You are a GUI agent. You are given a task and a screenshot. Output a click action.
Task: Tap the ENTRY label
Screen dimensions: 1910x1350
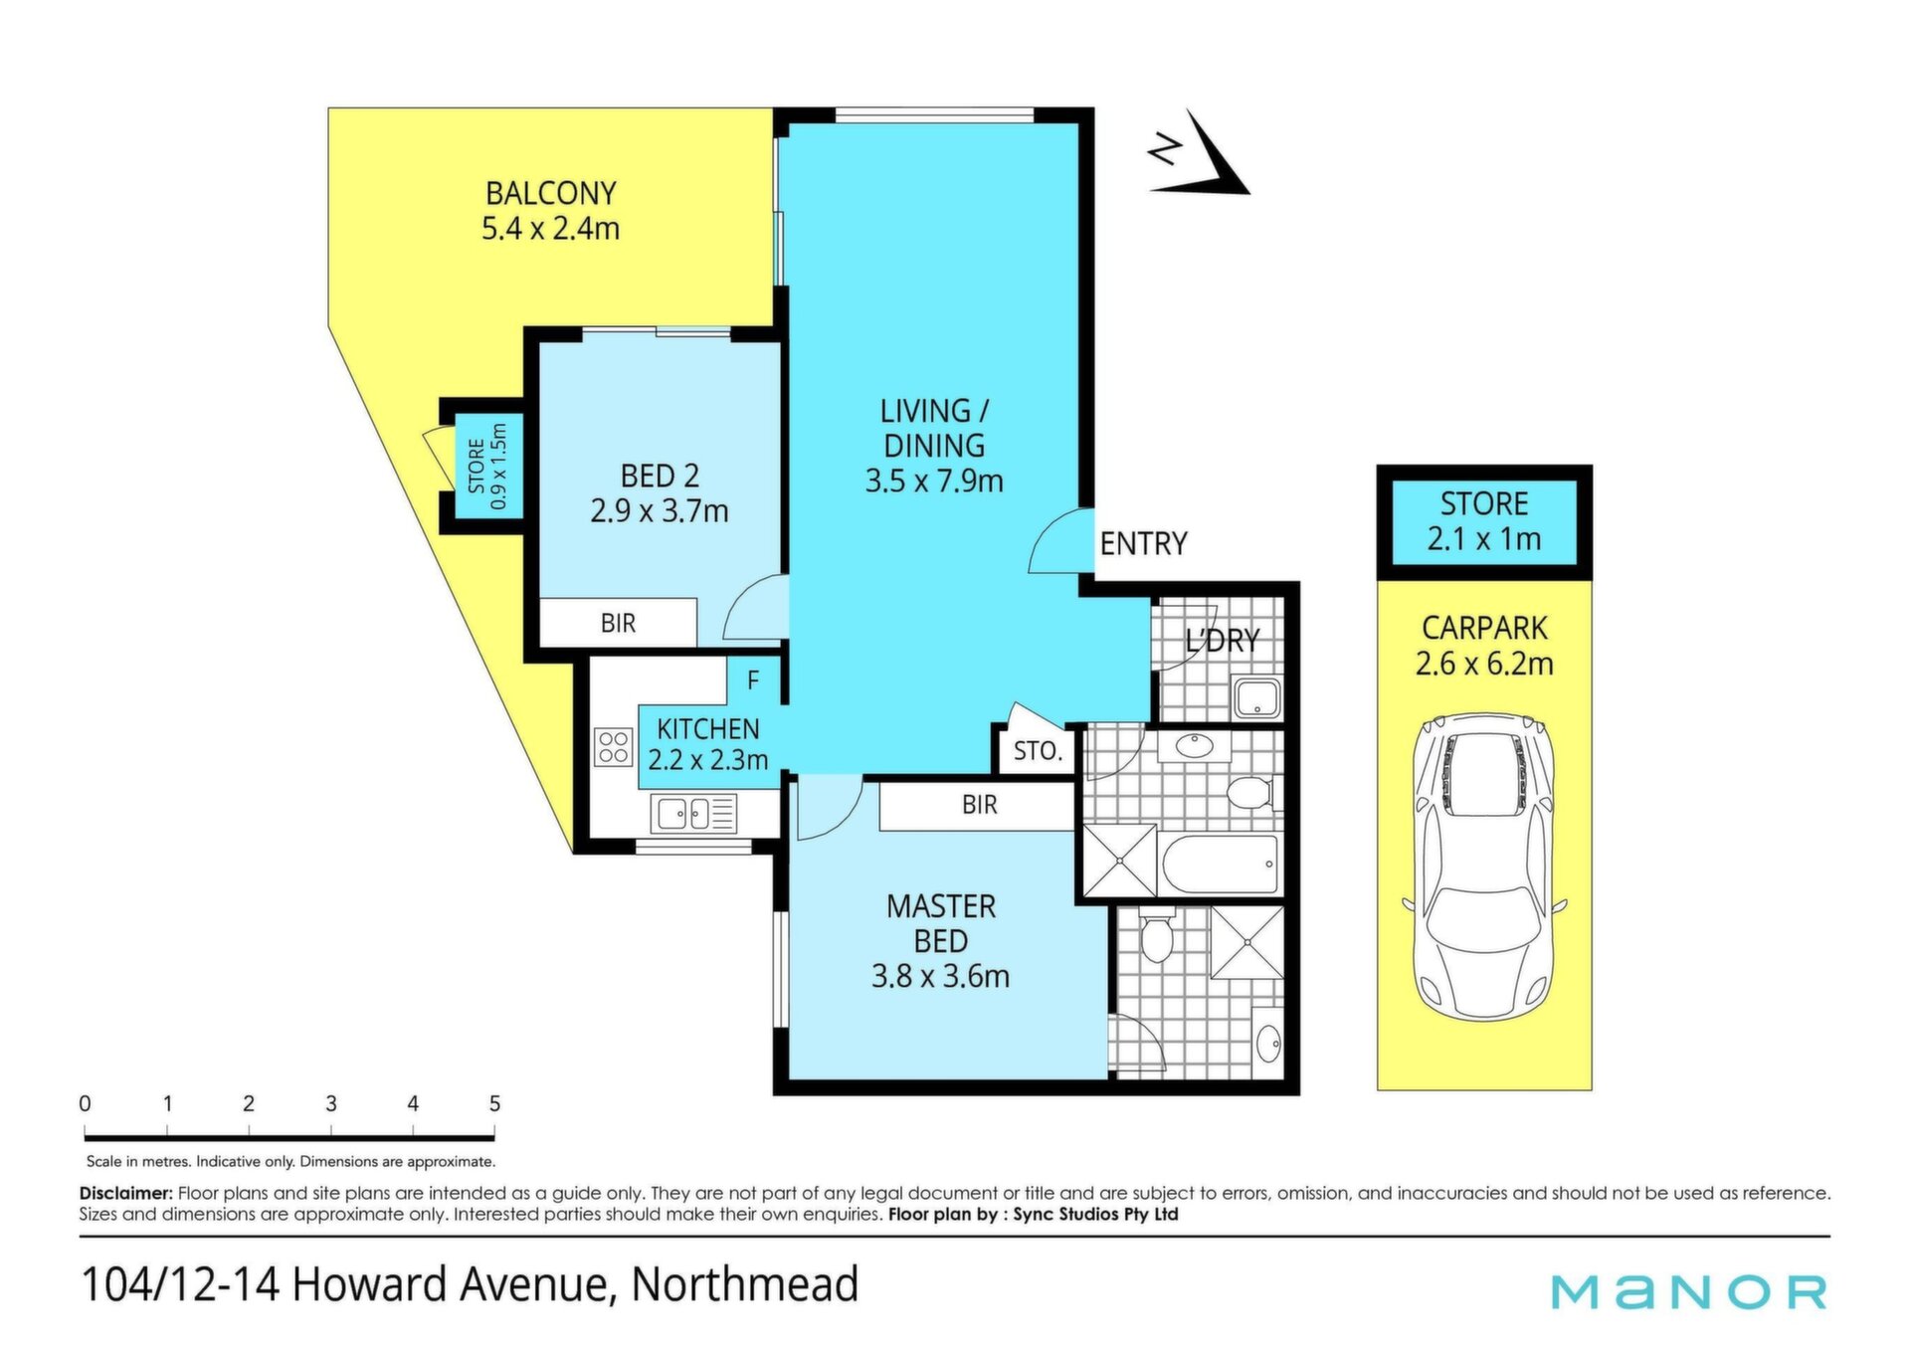(1143, 543)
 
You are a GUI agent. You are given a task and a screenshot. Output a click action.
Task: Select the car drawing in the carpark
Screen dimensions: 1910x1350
(1484, 867)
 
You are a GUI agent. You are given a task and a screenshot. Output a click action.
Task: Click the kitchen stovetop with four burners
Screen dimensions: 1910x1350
(613, 747)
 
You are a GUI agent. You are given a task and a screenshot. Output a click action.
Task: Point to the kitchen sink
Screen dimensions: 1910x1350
(693, 814)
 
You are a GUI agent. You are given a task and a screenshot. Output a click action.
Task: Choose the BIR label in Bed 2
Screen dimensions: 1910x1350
(618, 623)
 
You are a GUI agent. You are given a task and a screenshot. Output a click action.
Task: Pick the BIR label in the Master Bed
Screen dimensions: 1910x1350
(979, 804)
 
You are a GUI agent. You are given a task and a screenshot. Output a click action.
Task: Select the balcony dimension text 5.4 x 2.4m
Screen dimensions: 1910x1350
(550, 228)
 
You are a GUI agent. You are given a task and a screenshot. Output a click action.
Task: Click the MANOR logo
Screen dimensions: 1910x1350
(1689, 1291)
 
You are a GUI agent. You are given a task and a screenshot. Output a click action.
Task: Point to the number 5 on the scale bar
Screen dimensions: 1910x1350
(494, 1103)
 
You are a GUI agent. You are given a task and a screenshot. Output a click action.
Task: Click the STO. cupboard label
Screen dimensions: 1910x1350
(1038, 751)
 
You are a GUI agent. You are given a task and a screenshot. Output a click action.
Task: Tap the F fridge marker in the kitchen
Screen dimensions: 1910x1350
(753, 680)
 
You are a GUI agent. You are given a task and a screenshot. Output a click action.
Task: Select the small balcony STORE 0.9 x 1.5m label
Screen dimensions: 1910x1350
(487, 467)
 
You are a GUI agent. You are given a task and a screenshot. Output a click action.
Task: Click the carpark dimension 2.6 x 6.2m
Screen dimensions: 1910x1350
(1484, 664)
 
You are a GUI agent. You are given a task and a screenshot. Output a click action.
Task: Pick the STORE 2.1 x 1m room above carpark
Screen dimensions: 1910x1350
(1484, 522)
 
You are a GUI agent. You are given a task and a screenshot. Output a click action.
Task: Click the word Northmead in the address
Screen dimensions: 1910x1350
(745, 1283)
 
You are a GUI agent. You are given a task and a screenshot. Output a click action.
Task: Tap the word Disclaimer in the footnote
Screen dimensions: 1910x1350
(126, 1193)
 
